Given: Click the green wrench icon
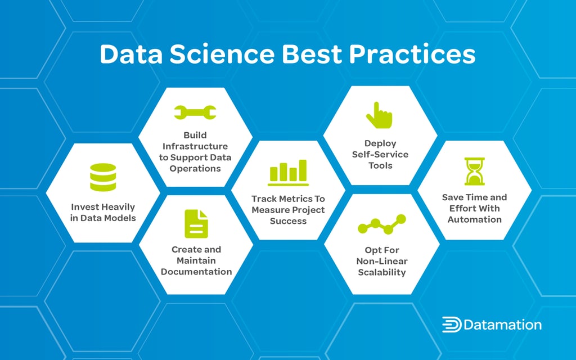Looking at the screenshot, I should (195, 112).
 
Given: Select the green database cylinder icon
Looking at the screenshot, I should (103, 177).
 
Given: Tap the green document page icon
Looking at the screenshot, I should (196, 223).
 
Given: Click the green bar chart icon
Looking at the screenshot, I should (288, 173).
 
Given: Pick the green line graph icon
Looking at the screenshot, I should (381, 224).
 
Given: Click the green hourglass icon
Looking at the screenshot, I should (474, 171).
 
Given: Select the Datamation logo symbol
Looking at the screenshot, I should (451, 325).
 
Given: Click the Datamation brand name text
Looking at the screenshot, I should (503, 325).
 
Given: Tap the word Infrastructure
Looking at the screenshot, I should (195, 146).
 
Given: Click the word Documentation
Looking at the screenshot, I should (196, 272).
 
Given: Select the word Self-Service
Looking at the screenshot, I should (380, 154).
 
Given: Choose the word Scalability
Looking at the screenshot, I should (381, 272).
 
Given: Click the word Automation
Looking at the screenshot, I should (474, 219).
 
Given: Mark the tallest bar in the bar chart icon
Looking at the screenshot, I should (303, 170).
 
